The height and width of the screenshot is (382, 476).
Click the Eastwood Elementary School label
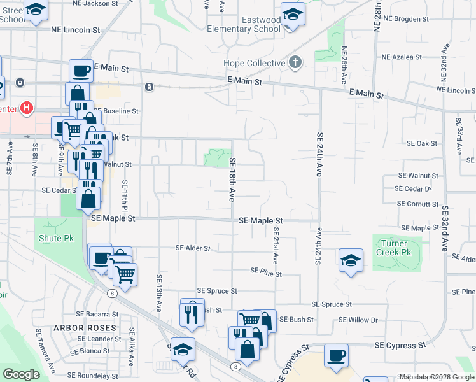point(244,24)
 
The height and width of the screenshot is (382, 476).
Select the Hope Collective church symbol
point(294,62)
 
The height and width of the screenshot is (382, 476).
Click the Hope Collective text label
point(254,63)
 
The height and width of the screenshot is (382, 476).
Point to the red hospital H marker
point(26,108)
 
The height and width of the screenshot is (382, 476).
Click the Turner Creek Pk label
point(398,248)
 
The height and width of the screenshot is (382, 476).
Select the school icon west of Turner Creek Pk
point(350,260)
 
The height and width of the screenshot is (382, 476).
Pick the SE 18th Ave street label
point(233,180)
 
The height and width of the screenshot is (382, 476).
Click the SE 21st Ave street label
point(276,246)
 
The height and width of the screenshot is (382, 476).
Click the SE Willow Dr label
point(358,320)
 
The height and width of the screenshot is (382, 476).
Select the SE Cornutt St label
point(417,204)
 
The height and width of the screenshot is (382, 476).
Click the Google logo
point(21,374)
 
